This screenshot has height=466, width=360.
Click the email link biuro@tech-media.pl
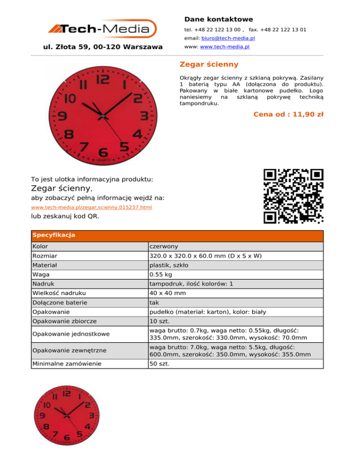tap(228, 38)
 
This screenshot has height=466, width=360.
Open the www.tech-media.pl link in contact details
tap(225, 47)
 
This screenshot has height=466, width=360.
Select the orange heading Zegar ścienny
tap(209, 64)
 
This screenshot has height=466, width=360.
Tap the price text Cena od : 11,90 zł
tap(288, 114)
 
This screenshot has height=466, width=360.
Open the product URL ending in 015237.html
tap(91, 207)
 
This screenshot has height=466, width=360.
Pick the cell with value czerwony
tap(164, 246)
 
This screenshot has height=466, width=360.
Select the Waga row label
tap(41, 275)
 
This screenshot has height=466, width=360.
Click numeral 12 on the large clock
tap(102, 79)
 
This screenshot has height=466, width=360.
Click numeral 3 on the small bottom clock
tap(93, 415)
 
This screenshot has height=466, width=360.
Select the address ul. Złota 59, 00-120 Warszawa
tap(103, 47)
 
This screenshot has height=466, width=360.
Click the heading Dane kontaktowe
tap(218, 19)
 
